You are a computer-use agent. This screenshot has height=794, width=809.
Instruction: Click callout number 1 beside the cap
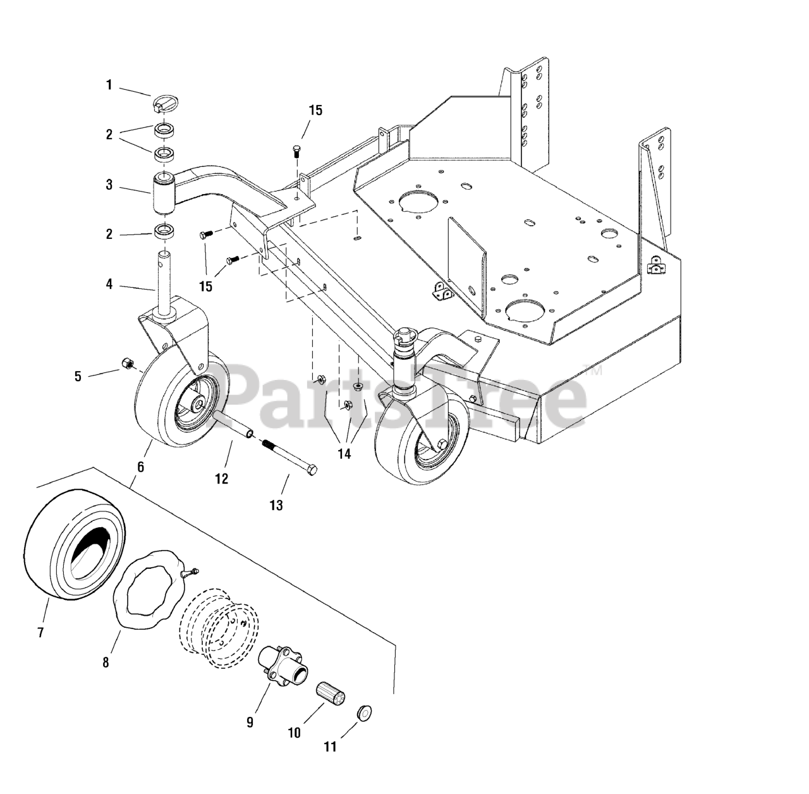(x=109, y=85)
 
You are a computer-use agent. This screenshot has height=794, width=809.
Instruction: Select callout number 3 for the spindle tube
(x=109, y=185)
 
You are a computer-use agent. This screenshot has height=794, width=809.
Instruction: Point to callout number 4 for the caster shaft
(x=109, y=284)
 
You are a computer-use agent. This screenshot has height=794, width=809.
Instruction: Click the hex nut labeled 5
(x=126, y=363)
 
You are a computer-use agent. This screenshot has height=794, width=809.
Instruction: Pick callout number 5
(x=78, y=377)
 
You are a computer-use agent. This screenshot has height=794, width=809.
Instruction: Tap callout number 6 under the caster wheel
(x=140, y=467)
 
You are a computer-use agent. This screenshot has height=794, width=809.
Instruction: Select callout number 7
(x=40, y=632)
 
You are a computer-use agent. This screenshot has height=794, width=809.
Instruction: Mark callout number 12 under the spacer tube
(x=221, y=479)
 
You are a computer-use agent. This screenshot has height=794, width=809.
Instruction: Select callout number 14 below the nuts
(x=344, y=453)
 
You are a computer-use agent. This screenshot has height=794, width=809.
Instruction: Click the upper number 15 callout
(x=315, y=111)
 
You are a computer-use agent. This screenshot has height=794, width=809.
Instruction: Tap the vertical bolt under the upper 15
(x=296, y=151)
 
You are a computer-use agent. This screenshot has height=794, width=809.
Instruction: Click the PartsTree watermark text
(x=404, y=392)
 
